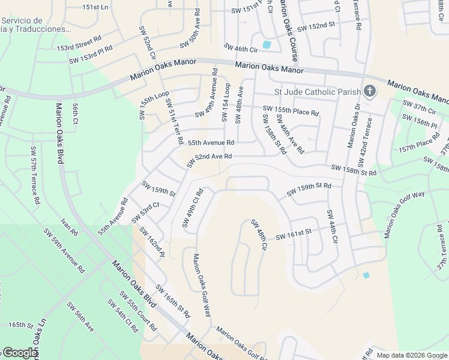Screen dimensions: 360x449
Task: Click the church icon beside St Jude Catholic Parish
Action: pyautogui.click(x=370, y=91)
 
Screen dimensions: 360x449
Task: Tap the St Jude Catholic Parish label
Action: pyautogui.click(x=317, y=92)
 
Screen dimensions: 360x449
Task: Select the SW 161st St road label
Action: pyautogui.click(x=294, y=235)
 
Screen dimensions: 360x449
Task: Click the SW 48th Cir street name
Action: pyautogui.click(x=259, y=235)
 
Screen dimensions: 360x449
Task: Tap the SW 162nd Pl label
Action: pyautogui.click(x=151, y=242)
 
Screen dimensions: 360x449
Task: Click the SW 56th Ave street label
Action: pyautogui.click(x=80, y=317)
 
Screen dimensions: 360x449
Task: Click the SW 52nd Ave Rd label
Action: pyautogui.click(x=209, y=160)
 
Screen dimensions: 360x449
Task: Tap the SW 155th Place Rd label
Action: pyautogui.click(x=291, y=110)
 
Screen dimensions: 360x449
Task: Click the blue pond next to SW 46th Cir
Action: pyautogui.click(x=267, y=44)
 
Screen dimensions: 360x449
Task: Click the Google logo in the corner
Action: pyautogui.click(x=20, y=353)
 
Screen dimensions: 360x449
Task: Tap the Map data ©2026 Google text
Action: pyautogui.click(x=411, y=355)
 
